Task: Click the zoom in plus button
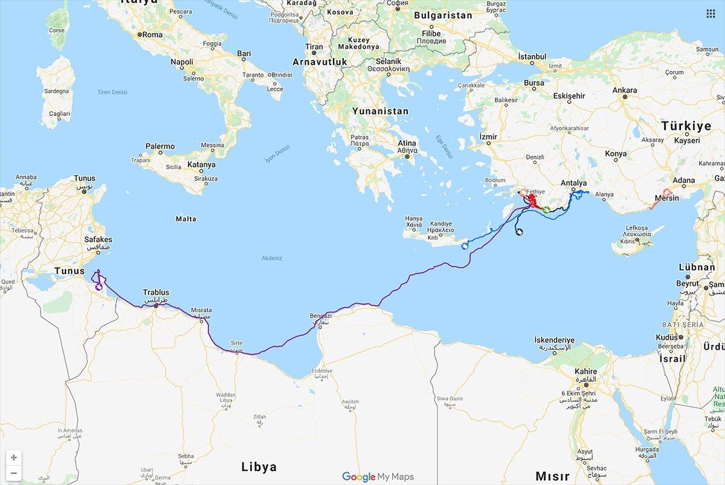pos(13,457)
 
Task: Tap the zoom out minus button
pos(13,473)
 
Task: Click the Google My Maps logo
pos(378,477)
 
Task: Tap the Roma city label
pos(152,35)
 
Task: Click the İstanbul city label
pos(532,57)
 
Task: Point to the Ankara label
pos(625,91)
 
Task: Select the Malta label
pos(185,219)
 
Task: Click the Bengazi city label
pos(320,316)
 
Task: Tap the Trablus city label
pos(156,292)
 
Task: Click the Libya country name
pos(259,466)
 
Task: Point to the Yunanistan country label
pos(381,111)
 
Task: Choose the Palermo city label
pos(160,146)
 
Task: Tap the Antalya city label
pos(573,183)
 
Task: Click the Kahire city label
pos(585,372)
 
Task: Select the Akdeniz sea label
pos(272,258)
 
